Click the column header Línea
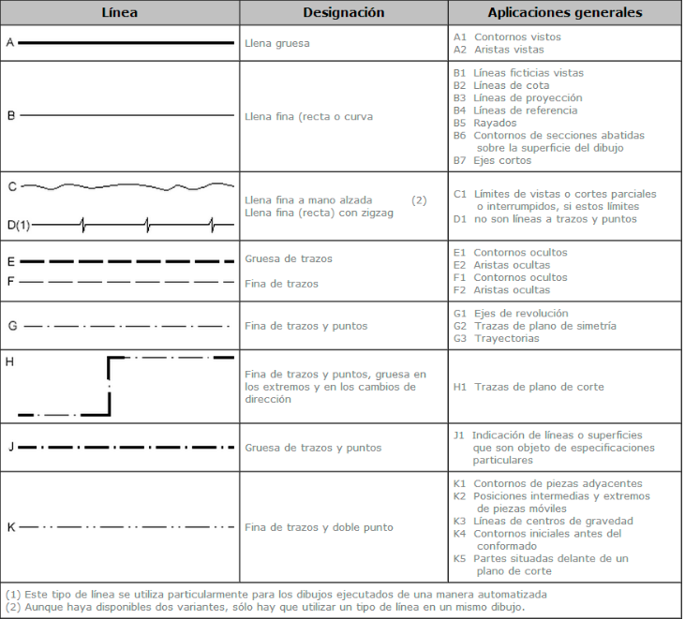[120, 13]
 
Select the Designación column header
[343, 13]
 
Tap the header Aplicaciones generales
[564, 13]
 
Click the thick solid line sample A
[126, 43]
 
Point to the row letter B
[11, 116]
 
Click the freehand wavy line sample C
[127, 186]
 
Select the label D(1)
[19, 225]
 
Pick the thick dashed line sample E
[126, 261]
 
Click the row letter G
[11, 326]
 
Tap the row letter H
[10, 360]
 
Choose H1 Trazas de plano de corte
[529, 387]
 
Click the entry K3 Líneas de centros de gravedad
[543, 521]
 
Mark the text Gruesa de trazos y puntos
[312, 448]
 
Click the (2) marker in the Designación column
[419, 200]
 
